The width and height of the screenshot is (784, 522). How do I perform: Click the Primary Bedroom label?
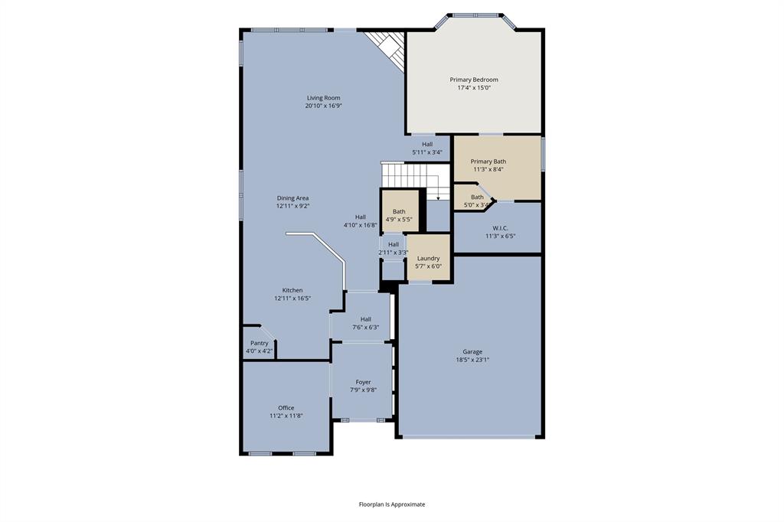click(x=474, y=80)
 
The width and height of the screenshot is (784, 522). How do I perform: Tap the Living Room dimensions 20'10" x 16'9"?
click(x=323, y=106)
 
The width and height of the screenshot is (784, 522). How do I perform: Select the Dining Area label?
click(x=292, y=198)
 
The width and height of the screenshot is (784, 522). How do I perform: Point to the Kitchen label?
click(x=292, y=290)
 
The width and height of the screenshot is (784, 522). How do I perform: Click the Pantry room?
click(x=259, y=347)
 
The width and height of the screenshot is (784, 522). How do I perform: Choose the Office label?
click(x=286, y=408)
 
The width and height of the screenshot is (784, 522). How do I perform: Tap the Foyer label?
click(x=363, y=382)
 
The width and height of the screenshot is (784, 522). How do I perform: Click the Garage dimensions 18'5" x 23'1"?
click(x=472, y=360)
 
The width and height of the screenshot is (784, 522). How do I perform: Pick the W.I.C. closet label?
click(x=500, y=227)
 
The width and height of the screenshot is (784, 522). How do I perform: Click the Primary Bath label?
click(x=488, y=161)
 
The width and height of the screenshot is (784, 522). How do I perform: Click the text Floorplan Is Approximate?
click(x=392, y=504)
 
